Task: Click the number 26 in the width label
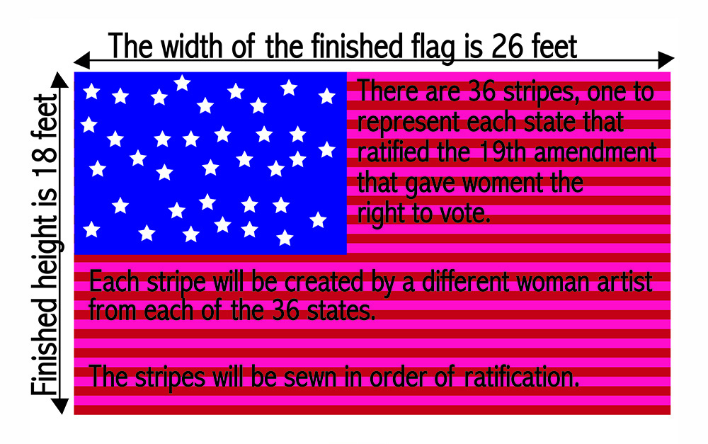coord(508,47)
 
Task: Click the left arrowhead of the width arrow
coord(81,60)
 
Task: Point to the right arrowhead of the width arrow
coord(666,60)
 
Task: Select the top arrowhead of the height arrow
coord(59,80)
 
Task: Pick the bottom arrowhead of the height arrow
coord(59,406)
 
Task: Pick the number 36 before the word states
coord(286,311)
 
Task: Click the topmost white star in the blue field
coord(182,83)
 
